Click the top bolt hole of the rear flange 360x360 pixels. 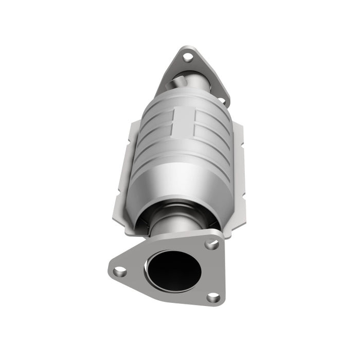(188, 57)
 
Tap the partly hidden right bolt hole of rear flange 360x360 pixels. (222, 101)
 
